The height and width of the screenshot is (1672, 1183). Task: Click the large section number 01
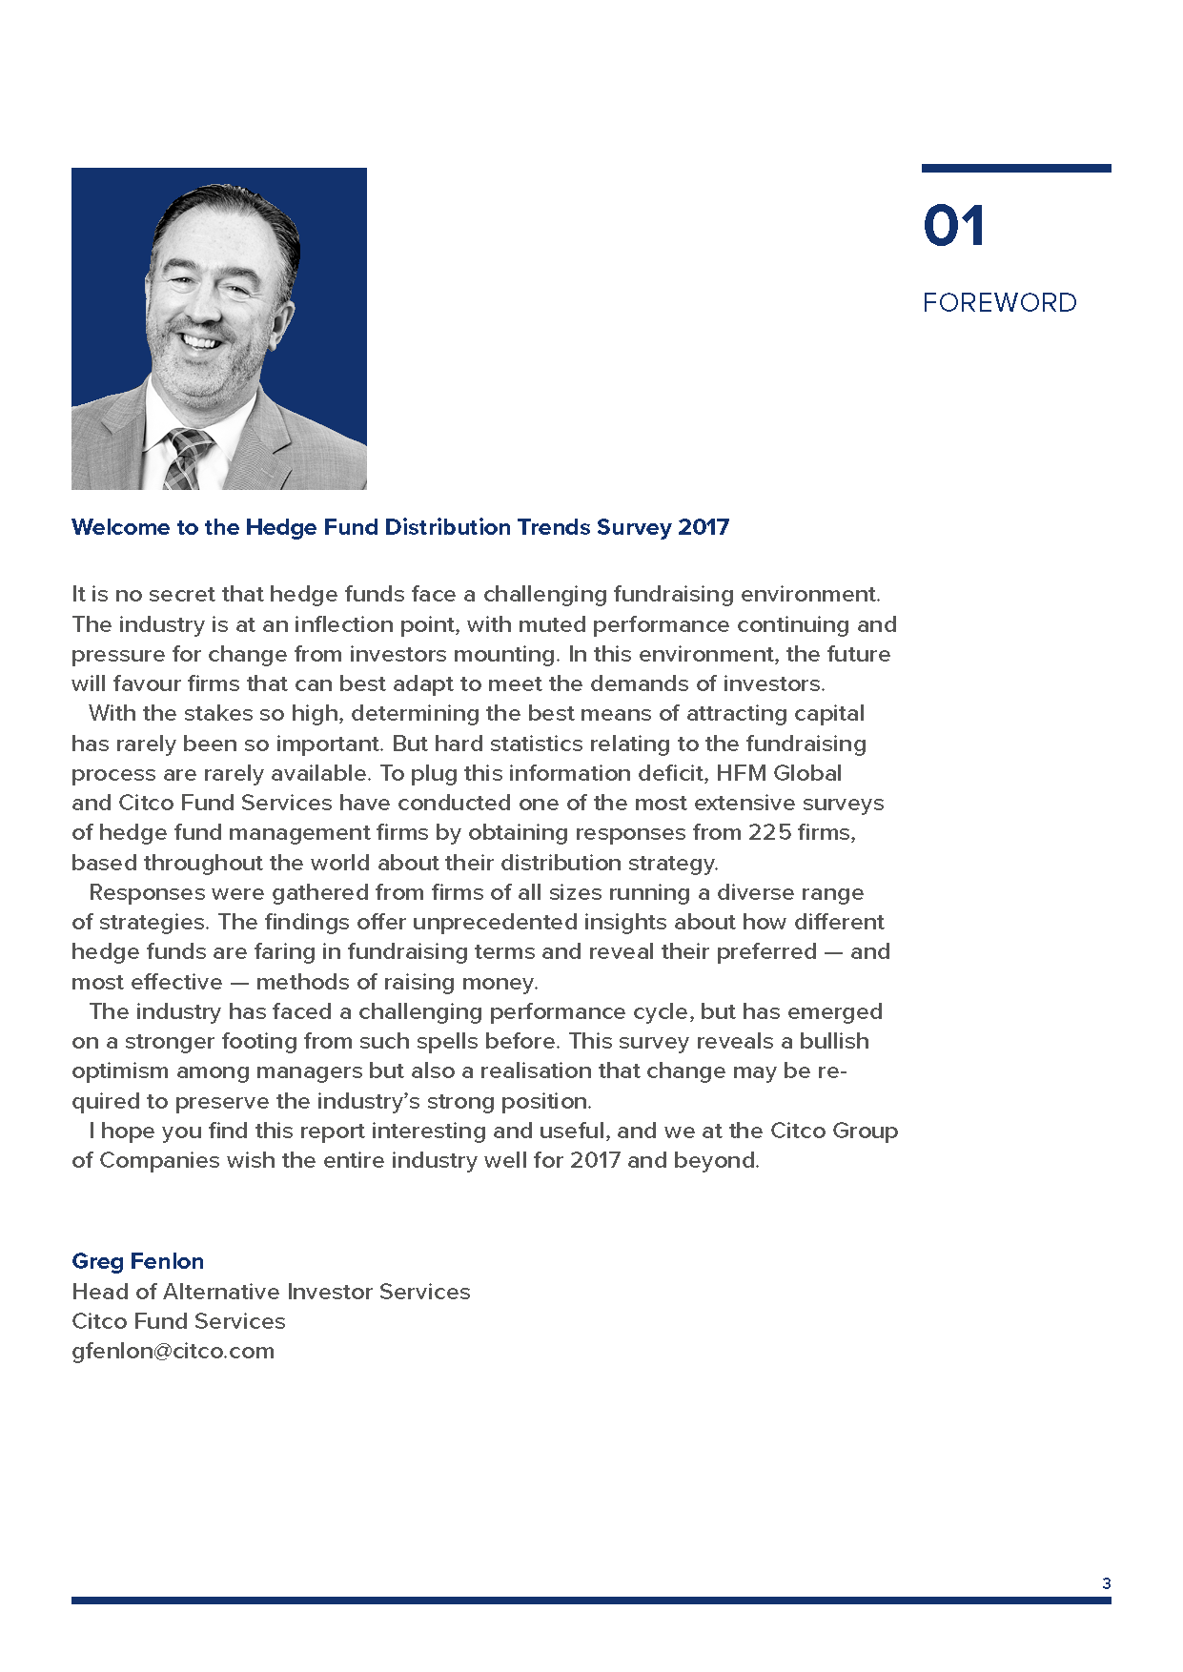coord(953,226)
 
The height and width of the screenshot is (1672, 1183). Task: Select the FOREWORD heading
coord(999,302)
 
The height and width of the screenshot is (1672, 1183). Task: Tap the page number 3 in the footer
coord(1106,1583)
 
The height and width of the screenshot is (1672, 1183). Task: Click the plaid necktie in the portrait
coord(187,459)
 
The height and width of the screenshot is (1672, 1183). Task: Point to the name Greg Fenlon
coord(137,1261)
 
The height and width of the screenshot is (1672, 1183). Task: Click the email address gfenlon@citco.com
coord(173,1351)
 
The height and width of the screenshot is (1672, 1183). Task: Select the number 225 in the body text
coord(769,832)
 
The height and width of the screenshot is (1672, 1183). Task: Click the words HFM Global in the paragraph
coord(779,773)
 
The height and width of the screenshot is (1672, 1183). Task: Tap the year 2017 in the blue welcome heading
coord(704,527)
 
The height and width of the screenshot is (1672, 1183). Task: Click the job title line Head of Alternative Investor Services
coord(271,1292)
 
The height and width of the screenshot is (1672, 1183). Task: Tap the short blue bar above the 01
coord(1015,169)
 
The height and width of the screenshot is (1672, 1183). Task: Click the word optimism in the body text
coord(120,1070)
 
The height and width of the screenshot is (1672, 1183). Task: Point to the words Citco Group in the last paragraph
coord(834,1131)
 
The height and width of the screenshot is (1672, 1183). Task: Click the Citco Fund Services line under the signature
coord(178,1321)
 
